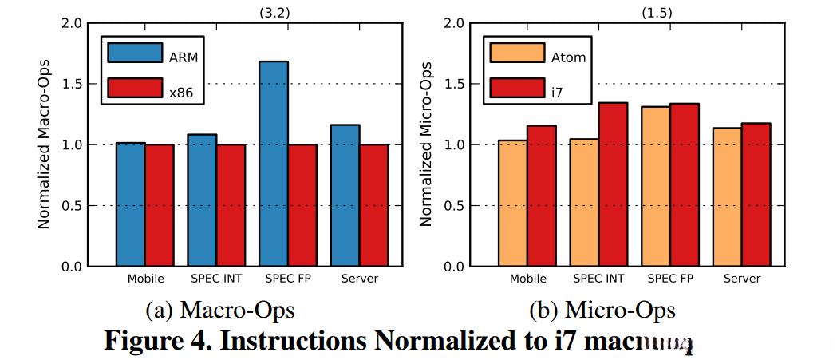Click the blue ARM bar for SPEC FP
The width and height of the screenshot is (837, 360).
[x=274, y=164]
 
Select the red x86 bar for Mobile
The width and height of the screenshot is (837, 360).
[x=160, y=205]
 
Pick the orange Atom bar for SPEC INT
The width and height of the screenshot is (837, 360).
[x=584, y=203]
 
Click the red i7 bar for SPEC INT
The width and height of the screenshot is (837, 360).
[x=613, y=184]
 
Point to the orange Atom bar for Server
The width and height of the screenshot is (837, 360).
[x=727, y=197]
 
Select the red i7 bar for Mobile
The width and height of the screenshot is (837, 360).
[x=541, y=196]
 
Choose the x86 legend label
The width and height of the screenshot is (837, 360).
[x=183, y=93]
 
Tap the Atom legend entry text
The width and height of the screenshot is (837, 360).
[x=570, y=56]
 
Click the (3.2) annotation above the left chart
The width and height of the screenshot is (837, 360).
[x=274, y=11]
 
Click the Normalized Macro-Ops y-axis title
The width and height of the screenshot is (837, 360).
[x=45, y=144]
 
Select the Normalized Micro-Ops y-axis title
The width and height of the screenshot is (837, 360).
[x=427, y=144]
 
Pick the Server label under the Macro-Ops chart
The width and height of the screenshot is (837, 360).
[x=360, y=279]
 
